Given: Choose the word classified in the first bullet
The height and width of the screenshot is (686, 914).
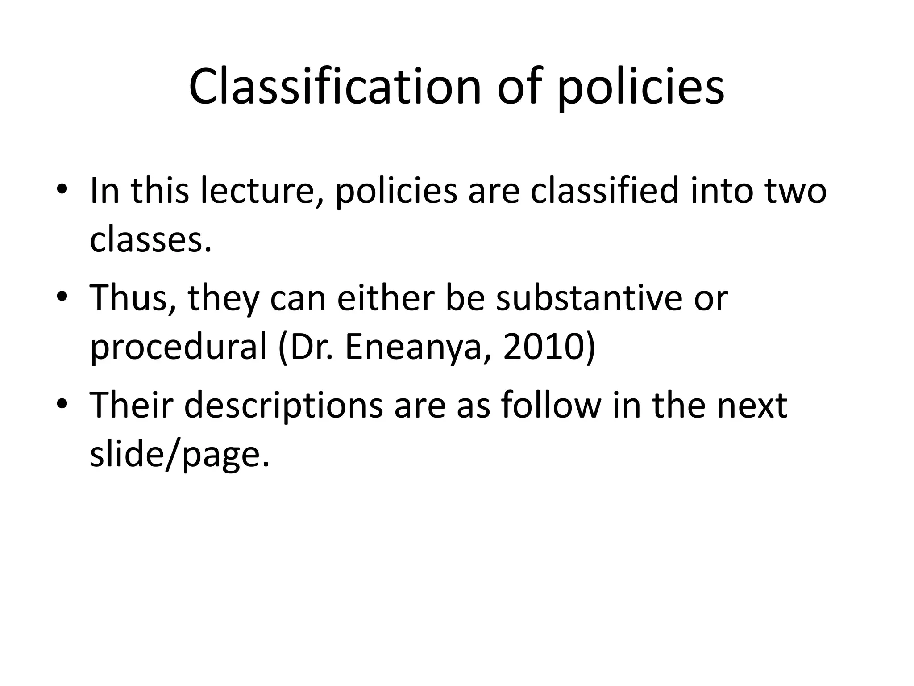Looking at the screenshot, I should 604,191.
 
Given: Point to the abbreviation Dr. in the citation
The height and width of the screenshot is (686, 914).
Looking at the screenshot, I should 312,347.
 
